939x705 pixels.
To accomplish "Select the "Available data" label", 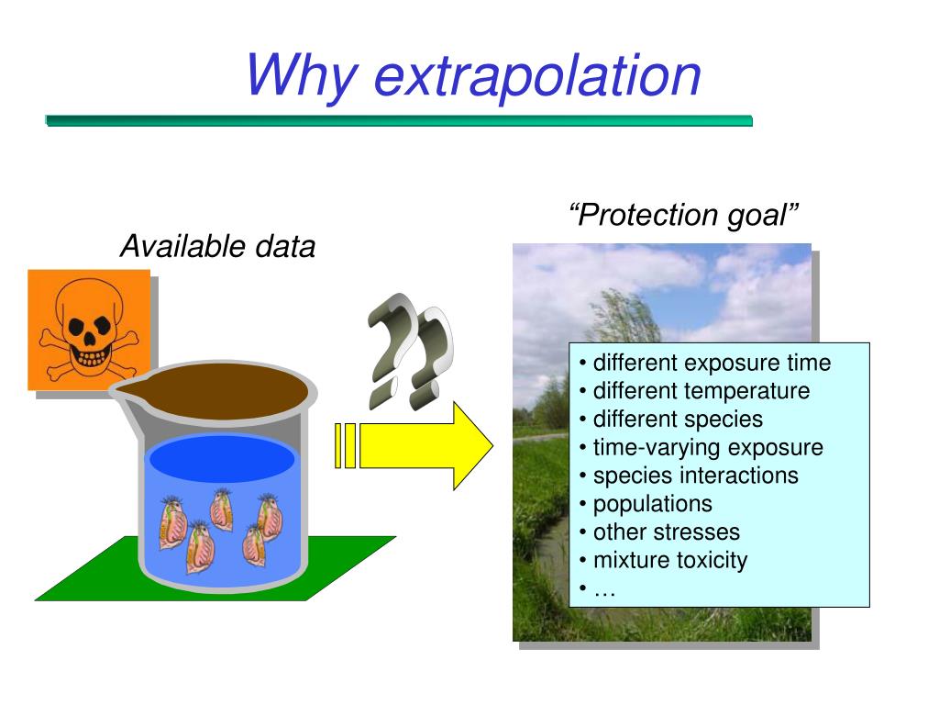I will pyautogui.click(x=218, y=246).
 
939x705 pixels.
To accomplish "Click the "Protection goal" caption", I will pyautogui.click(x=684, y=215).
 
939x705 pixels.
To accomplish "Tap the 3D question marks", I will pyautogui.click(x=408, y=351).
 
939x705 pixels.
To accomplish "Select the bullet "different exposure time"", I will pyautogui.click(x=711, y=363).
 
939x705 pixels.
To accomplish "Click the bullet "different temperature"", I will pyautogui.click(x=701, y=391).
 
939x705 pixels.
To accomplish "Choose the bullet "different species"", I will pyautogui.click(x=677, y=420).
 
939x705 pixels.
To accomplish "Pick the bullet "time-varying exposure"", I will pyautogui.click(x=707, y=448).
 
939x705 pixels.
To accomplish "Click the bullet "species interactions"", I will pyautogui.click(x=695, y=476).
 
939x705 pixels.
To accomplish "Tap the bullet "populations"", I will pyautogui.click(x=652, y=504).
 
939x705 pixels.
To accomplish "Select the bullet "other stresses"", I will pyautogui.click(x=666, y=532).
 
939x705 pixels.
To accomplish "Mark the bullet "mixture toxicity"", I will pyautogui.click(x=669, y=560).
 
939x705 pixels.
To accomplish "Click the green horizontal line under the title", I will pyautogui.click(x=399, y=120).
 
